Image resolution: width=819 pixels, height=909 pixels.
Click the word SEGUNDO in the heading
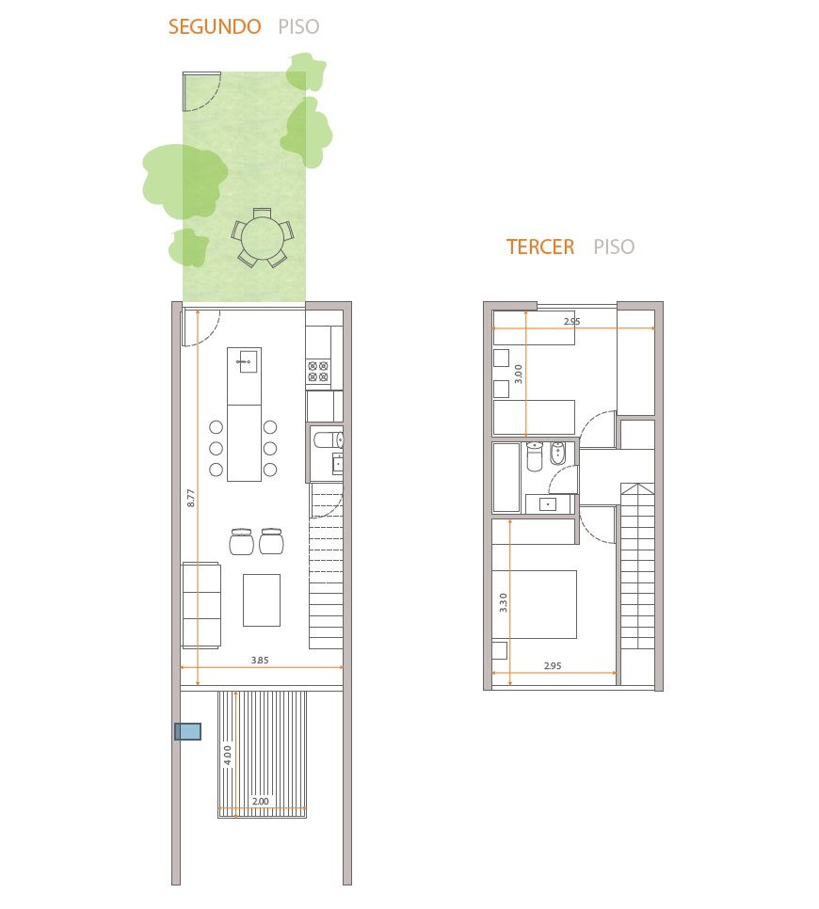point(215,26)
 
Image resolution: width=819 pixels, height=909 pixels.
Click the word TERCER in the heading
point(540,247)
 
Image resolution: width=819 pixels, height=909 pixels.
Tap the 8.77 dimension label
point(191,498)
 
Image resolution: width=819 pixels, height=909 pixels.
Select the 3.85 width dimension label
point(260,660)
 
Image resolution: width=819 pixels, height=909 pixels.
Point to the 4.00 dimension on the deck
point(228,755)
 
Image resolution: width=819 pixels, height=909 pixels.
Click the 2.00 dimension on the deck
point(261,801)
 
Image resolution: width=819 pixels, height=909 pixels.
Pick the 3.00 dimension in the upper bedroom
point(519,374)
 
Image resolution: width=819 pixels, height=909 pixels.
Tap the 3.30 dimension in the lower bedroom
point(504,603)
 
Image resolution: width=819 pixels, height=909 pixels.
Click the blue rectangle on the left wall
point(188,731)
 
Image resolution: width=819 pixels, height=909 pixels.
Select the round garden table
point(262,238)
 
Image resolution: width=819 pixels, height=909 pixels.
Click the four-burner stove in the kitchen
point(318,372)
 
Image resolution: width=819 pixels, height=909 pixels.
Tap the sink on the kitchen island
point(249,361)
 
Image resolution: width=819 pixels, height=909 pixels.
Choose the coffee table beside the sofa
point(262,600)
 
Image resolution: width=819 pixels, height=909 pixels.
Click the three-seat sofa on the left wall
point(201,605)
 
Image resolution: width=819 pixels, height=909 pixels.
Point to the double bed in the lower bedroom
point(534,605)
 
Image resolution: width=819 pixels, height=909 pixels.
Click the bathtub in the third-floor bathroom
point(506,478)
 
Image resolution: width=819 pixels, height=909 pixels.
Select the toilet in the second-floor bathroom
point(329,440)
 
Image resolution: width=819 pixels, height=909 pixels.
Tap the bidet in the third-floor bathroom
point(557,453)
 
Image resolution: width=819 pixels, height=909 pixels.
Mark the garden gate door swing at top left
point(201,91)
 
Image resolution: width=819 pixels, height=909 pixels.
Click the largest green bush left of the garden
point(185,182)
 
